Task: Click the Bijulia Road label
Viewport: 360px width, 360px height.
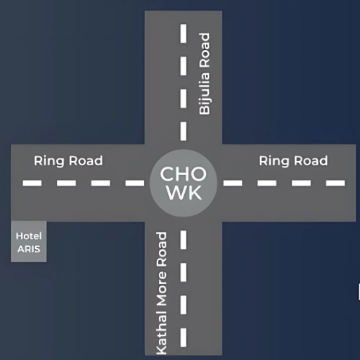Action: coord(205,74)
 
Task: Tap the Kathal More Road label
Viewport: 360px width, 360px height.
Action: coord(162,293)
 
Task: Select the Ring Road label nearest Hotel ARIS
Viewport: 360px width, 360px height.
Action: coord(68,161)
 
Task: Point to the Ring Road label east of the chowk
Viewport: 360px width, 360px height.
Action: coord(293,161)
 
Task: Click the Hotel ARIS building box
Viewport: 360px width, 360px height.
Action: coord(29,241)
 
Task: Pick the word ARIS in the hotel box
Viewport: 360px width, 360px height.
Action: coord(29,249)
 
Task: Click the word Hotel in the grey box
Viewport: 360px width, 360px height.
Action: coord(29,236)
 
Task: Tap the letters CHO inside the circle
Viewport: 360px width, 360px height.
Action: coord(184,174)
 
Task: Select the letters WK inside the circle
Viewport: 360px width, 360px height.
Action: coord(184,193)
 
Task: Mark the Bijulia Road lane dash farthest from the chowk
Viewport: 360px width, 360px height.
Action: coord(184,33)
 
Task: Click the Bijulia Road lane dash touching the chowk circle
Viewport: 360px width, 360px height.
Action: coord(184,131)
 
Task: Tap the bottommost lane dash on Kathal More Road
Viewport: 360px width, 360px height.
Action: coord(184,337)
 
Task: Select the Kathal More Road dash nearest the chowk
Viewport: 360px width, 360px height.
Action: coord(184,240)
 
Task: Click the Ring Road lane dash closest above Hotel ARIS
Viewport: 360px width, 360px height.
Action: coord(32,183)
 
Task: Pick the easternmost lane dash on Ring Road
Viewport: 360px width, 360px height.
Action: coord(335,183)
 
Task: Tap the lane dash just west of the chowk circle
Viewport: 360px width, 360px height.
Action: coord(135,183)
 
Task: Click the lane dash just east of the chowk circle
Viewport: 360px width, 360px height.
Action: coord(233,183)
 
